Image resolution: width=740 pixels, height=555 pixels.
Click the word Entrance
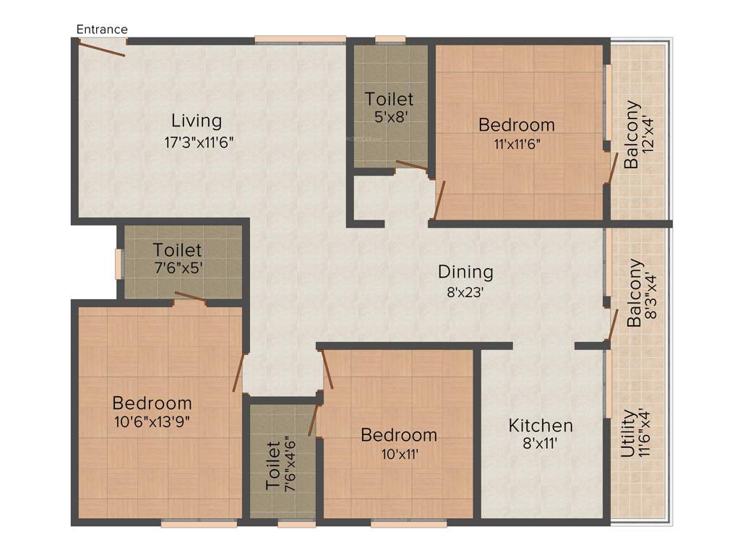[102, 30]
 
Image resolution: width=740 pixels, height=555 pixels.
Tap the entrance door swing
[102, 48]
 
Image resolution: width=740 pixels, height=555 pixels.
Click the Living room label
[197, 120]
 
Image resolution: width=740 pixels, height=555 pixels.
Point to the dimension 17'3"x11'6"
[199, 142]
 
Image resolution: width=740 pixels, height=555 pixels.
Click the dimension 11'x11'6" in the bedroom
[517, 143]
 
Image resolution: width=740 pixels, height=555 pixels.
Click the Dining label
[465, 272]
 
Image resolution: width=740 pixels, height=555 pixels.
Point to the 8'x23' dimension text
[465, 293]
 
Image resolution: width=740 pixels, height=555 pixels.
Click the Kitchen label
[541, 425]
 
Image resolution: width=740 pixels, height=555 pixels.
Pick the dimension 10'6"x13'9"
[152, 420]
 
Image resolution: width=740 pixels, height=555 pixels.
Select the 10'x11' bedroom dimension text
[399, 455]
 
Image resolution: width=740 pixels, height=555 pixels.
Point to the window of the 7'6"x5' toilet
[119, 264]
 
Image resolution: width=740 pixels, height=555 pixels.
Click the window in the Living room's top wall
[300, 40]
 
